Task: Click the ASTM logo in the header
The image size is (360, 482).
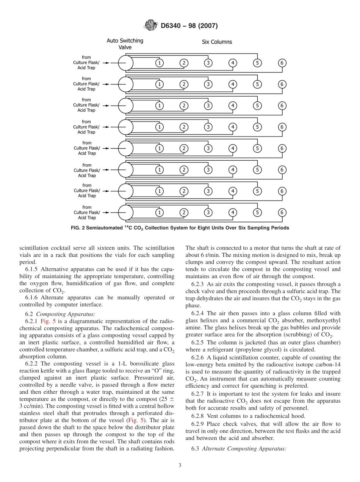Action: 151,26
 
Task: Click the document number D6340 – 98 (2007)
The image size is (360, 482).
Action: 189,26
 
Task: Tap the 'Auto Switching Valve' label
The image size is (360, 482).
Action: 125,44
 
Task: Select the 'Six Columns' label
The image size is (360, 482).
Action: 217,42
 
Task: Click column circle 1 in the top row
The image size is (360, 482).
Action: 160,63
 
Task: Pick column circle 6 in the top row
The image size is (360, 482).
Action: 282,63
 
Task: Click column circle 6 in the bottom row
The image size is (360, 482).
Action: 282,212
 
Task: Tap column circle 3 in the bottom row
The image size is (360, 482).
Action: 208,212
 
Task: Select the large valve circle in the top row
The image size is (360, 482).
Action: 125,63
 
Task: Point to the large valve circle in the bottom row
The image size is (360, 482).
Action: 125,212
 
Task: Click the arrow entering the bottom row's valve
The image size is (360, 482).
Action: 107,212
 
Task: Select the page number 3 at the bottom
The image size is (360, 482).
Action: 180,465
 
